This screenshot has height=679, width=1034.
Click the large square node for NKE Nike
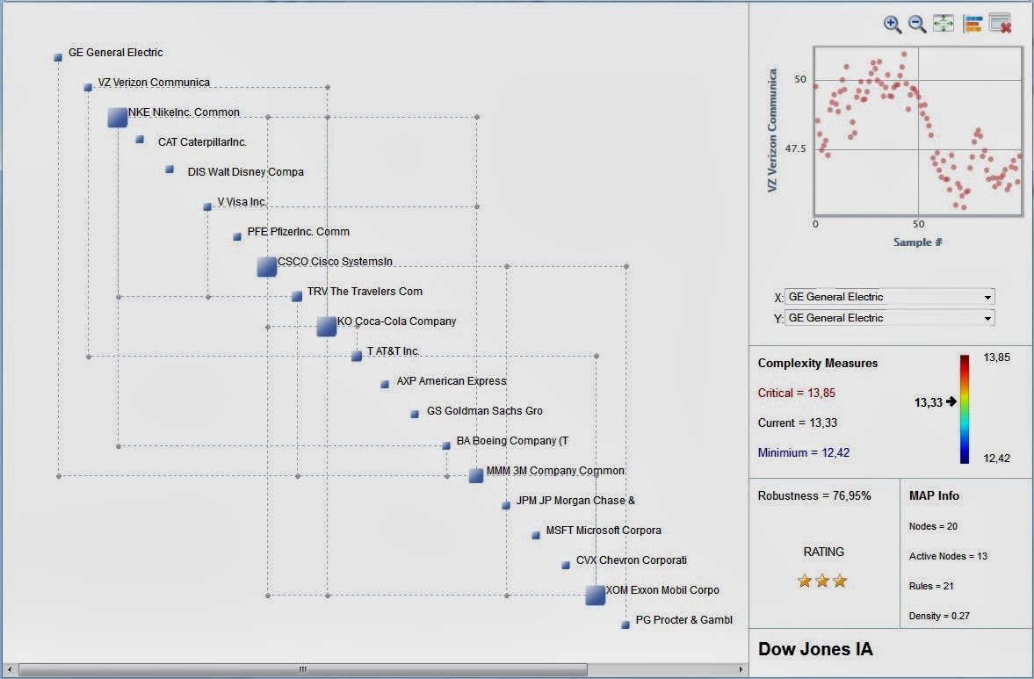(118, 117)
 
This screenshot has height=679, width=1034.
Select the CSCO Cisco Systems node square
(267, 266)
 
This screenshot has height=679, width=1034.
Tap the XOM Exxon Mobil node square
(596, 595)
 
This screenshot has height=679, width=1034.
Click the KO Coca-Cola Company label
(396, 321)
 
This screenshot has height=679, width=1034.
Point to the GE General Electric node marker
(58, 57)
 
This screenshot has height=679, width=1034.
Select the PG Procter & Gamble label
(683, 620)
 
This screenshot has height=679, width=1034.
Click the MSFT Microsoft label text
(603, 531)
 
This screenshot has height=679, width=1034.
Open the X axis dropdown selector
(890, 297)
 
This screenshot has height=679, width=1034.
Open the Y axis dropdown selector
(890, 318)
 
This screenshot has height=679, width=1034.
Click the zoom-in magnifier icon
(893, 25)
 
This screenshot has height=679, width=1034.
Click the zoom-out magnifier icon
(917, 25)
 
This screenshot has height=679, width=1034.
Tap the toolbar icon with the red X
(1000, 24)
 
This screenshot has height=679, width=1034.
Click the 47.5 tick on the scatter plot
(794, 148)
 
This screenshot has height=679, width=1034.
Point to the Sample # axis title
(918, 242)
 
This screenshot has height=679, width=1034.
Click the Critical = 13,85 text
(796, 393)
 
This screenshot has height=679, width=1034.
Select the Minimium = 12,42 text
(803, 452)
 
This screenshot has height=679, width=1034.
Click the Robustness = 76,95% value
(814, 495)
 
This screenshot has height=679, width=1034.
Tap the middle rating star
(822, 581)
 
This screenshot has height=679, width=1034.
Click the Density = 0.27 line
(939, 616)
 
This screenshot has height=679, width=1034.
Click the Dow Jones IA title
(815, 649)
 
